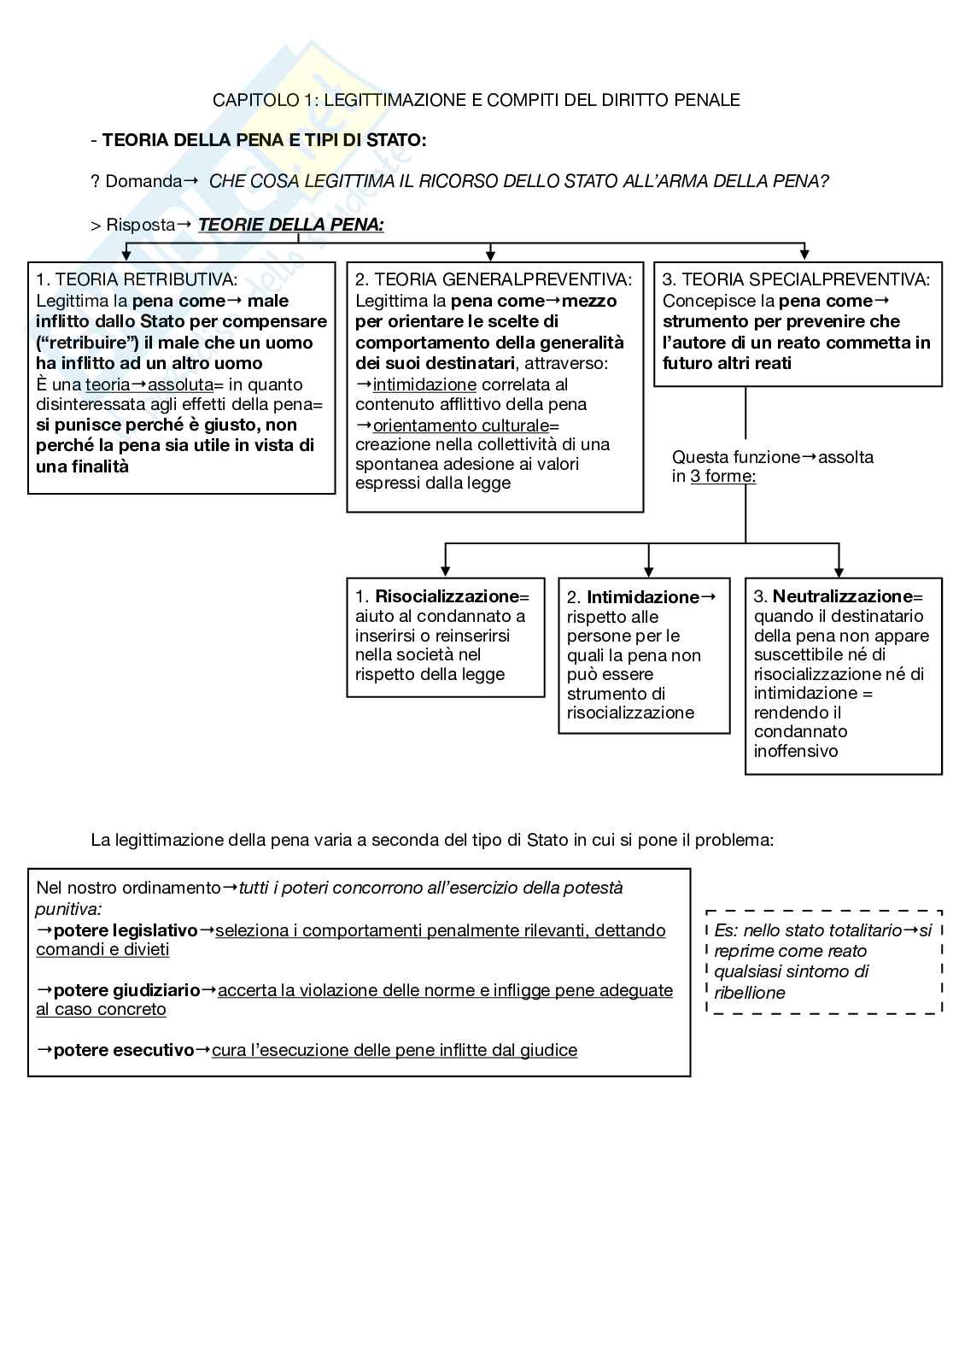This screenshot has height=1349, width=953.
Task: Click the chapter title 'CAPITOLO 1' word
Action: click(260, 100)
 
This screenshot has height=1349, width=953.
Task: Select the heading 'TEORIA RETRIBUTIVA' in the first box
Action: click(146, 279)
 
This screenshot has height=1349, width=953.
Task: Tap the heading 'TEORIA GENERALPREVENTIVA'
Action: click(503, 279)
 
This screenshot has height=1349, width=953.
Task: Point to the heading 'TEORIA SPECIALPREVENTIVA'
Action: click(805, 279)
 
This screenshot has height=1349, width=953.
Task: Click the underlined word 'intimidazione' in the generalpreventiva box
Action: click(424, 384)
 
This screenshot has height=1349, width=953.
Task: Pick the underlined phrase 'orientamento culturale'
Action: click(461, 425)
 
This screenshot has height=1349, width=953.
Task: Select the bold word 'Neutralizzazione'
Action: click(842, 596)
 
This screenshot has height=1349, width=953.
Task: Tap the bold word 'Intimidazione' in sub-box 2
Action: click(642, 597)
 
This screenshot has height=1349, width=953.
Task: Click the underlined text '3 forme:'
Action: click(723, 477)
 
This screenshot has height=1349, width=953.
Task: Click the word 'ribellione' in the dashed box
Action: click(750, 993)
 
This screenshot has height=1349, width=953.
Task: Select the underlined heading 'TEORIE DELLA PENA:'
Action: click(291, 225)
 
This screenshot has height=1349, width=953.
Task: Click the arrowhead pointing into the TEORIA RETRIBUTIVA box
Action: click(126, 255)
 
